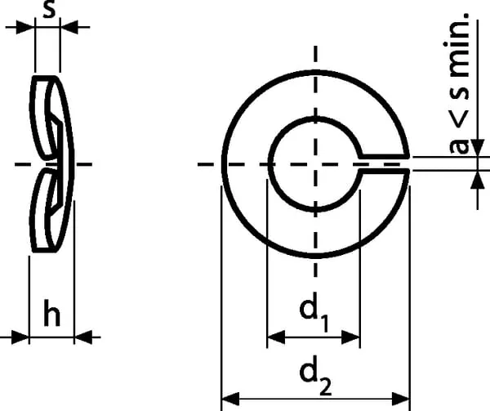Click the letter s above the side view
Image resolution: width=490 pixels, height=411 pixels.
pos(49,10)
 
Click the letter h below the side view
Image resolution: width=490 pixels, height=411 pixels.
pos(51,313)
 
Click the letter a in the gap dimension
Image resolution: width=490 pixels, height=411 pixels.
pos(460,146)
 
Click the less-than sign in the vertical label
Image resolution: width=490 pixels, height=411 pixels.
pos(459,118)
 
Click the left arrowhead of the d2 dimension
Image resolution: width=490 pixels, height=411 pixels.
pos(230,399)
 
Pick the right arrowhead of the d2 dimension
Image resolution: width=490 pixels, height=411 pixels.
pos(401,399)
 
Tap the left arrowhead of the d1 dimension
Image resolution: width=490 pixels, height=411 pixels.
pos(276,337)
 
